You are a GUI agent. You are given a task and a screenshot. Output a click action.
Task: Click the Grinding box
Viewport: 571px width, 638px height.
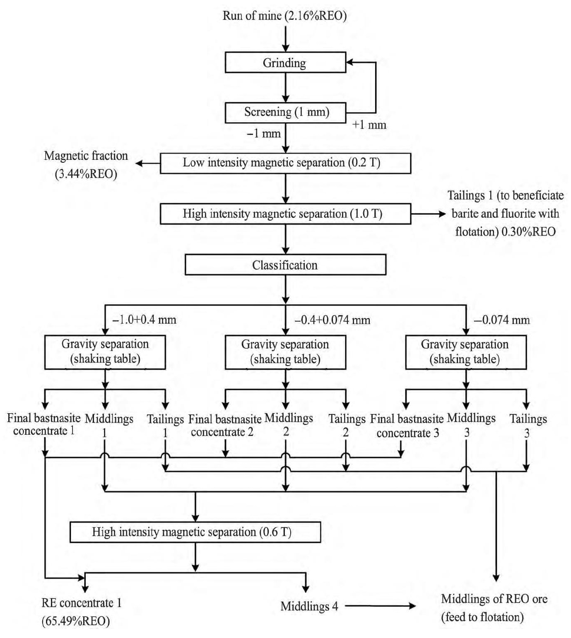click(x=285, y=63)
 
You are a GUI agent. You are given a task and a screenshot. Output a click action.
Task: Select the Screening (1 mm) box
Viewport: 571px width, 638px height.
click(x=285, y=113)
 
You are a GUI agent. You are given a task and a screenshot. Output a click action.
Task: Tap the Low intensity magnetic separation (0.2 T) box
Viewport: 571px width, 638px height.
click(x=285, y=163)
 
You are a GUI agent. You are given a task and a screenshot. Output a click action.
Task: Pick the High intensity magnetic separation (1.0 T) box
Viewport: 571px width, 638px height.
click(x=285, y=214)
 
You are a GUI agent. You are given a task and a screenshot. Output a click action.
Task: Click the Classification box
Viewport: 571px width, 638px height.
click(x=285, y=265)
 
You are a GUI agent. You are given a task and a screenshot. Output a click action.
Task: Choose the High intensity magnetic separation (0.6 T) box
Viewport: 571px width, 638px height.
click(x=195, y=532)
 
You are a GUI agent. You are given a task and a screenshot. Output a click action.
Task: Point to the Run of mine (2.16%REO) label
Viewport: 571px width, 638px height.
click(x=284, y=16)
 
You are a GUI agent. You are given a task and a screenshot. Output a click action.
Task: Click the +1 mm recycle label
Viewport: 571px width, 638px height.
click(x=369, y=125)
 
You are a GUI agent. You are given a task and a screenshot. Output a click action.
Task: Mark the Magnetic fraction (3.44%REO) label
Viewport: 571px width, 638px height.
click(x=86, y=165)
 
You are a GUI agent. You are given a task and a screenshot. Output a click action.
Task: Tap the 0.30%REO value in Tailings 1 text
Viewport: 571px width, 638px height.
click(x=528, y=232)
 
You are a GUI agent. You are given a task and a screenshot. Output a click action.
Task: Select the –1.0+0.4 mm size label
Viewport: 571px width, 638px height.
click(x=144, y=320)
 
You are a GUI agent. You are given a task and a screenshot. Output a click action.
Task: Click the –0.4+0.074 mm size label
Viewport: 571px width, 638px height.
click(x=332, y=320)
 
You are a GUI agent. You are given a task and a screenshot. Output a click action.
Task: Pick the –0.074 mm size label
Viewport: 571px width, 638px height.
click(x=501, y=320)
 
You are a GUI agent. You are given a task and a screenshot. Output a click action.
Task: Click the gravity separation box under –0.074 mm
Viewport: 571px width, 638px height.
click(x=465, y=352)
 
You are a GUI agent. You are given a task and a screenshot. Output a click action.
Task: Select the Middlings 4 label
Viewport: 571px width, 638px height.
click(x=309, y=607)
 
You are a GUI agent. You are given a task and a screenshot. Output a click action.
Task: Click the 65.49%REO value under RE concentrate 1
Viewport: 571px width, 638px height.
click(x=76, y=621)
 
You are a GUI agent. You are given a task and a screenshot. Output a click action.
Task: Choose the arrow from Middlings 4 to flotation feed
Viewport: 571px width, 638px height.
click(x=380, y=606)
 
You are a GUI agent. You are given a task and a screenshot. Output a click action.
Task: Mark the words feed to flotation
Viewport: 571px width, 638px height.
click(x=482, y=617)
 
